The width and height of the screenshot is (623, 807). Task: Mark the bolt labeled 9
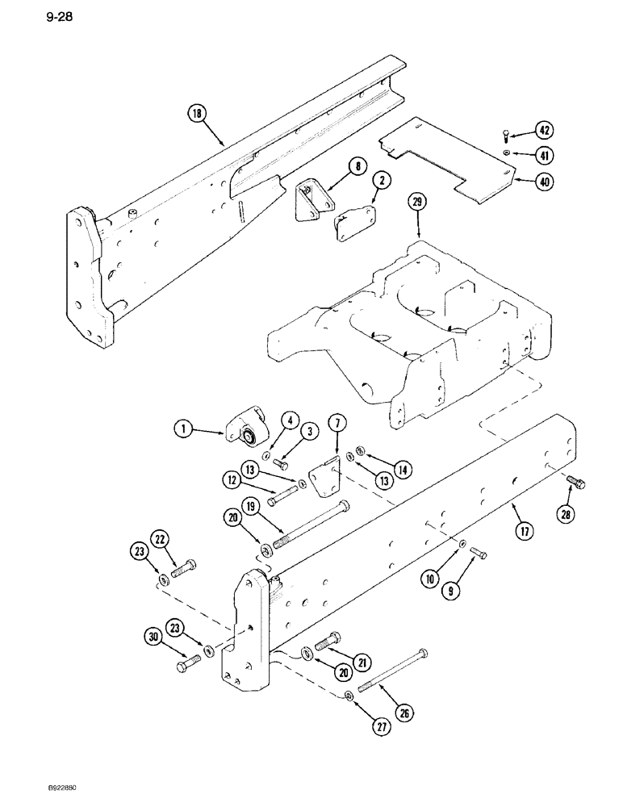[479, 553]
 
